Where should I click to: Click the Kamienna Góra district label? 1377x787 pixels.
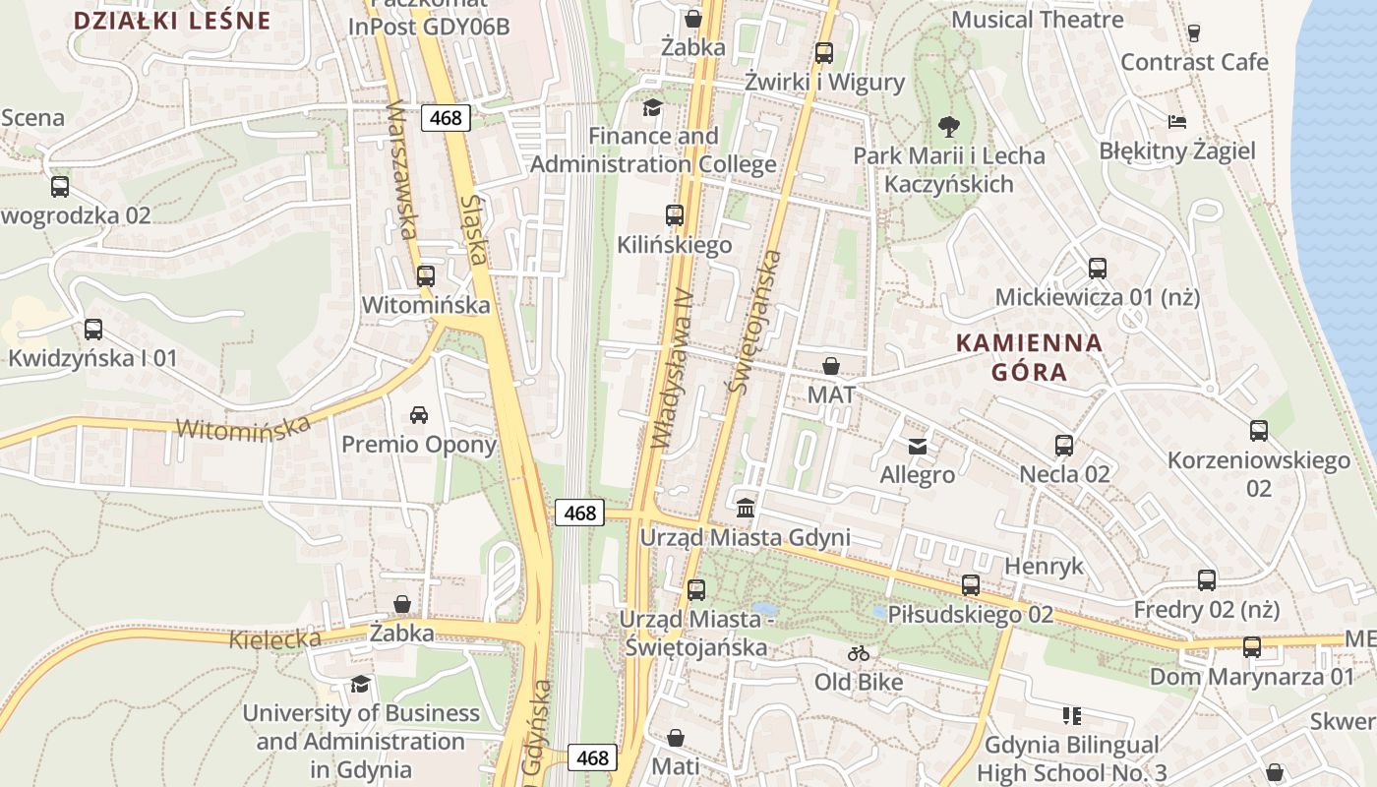1029,357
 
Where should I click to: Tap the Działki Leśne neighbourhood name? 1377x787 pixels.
172,21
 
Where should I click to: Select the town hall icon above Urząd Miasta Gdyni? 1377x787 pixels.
746,509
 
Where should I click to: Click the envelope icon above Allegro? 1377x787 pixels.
917,447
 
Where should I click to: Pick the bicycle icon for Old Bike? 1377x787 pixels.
859,653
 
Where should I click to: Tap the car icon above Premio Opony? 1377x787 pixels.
419,414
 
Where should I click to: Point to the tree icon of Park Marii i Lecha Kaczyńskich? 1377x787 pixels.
948,126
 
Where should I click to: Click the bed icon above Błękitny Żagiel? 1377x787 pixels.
1177,122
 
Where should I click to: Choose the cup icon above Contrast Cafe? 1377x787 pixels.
1194,32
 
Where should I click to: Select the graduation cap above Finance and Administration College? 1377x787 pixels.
652,106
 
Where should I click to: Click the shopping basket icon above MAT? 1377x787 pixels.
831,366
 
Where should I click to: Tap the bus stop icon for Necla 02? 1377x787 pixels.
1063,445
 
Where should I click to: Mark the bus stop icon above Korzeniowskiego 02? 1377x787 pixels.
1258,430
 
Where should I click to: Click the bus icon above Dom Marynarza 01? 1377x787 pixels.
1251,646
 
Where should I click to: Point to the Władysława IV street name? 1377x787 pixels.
675,368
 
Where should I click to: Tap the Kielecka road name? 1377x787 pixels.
275,639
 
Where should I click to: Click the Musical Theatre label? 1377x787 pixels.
1037,20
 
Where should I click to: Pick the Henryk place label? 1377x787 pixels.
1043,566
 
